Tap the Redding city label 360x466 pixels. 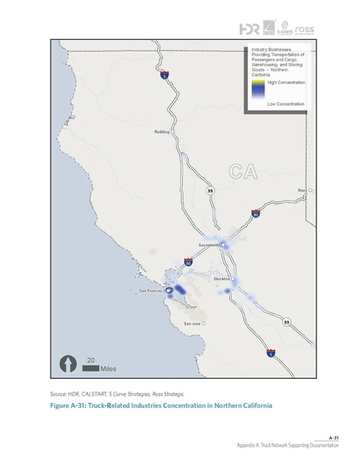coord(163,132)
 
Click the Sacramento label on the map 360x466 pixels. coord(209,245)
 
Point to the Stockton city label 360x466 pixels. coord(222,278)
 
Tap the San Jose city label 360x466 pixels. coord(192,323)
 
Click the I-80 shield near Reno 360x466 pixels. coord(256,213)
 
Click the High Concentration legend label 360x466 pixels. coord(285,81)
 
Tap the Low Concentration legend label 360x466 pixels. coord(285,103)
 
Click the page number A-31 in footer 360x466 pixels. coord(334,437)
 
